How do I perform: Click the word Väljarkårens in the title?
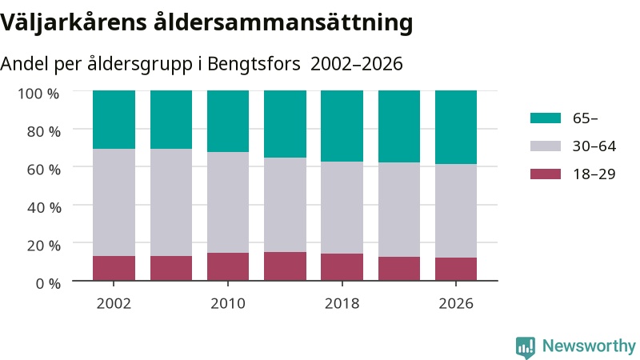click(x=74, y=22)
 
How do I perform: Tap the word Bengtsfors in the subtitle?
click(x=254, y=64)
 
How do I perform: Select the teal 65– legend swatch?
click(x=546, y=118)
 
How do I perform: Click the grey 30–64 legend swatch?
click(x=546, y=146)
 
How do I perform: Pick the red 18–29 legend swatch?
click(x=546, y=174)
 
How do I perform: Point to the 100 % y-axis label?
click(x=38, y=94)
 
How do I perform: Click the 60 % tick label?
click(x=44, y=170)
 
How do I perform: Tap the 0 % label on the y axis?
click(x=48, y=283)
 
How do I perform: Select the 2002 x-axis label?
click(x=114, y=304)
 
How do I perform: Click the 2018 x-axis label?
click(x=342, y=304)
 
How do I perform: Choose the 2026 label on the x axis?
click(x=456, y=304)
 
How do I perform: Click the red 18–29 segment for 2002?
click(x=114, y=268)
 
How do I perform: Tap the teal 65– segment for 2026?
click(x=456, y=127)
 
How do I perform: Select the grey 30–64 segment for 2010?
click(x=228, y=202)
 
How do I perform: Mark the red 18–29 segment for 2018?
click(x=342, y=267)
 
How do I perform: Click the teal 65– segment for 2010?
click(x=228, y=122)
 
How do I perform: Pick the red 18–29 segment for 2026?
click(x=456, y=269)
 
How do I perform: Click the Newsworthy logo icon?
click(x=526, y=347)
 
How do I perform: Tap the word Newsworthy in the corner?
click(x=589, y=346)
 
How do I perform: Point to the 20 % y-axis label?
click(x=44, y=246)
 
